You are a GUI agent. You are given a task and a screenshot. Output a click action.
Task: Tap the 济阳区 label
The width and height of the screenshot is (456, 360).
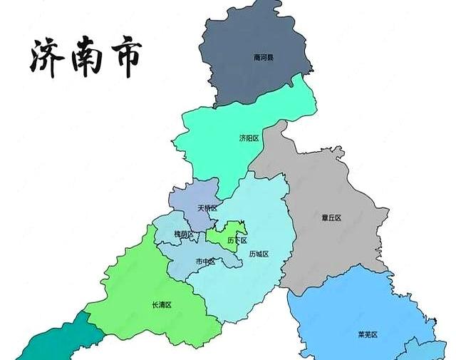249,138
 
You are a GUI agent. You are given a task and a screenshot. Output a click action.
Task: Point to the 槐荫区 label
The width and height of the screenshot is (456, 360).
184,234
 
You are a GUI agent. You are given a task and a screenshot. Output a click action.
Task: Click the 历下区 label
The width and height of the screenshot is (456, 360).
237,240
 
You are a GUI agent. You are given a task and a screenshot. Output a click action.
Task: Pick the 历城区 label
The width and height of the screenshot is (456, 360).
259,254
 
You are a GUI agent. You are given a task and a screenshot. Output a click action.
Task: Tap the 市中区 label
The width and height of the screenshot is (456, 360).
206,262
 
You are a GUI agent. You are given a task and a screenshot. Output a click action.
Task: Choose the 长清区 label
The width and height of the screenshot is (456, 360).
162,304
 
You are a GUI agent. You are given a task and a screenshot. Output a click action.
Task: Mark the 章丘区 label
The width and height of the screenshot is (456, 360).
331,217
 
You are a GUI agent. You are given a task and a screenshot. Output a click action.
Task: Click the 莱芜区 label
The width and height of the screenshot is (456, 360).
367,334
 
